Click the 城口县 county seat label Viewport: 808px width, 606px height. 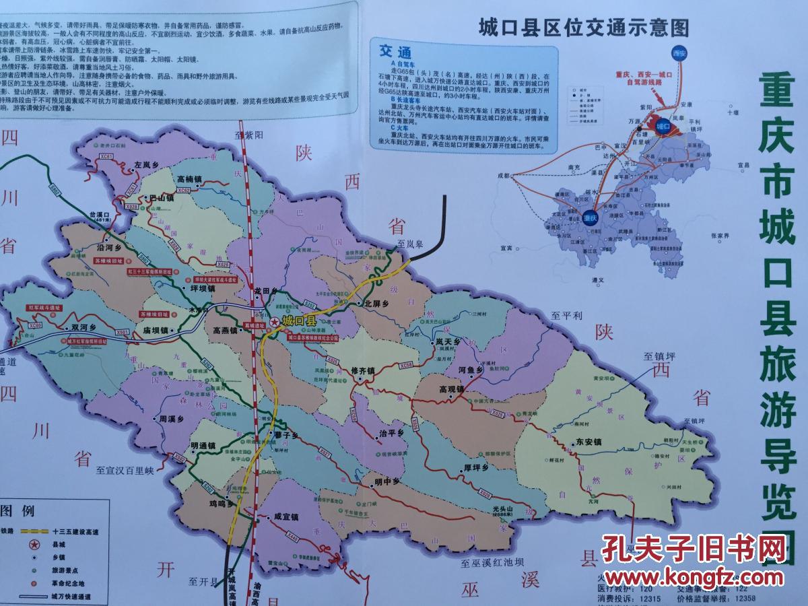[300, 321]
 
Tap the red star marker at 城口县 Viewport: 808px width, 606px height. [274, 323]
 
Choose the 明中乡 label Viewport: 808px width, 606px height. [387, 481]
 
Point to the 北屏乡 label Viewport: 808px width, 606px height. [377, 303]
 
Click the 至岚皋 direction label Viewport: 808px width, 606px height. [411, 244]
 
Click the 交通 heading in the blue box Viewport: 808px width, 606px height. [395, 52]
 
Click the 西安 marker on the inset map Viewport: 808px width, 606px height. [679, 50]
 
